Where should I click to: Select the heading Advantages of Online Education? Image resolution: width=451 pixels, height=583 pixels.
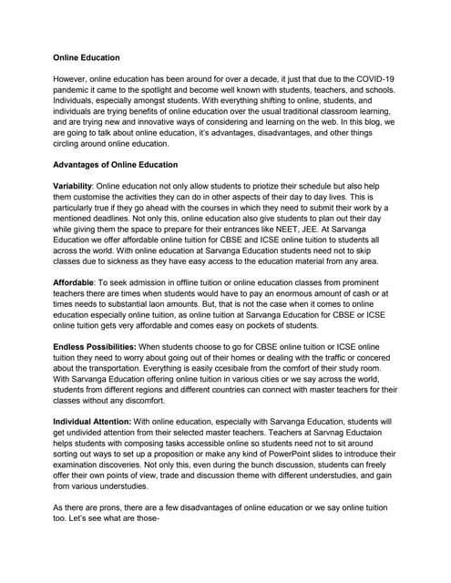[x=116, y=165]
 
